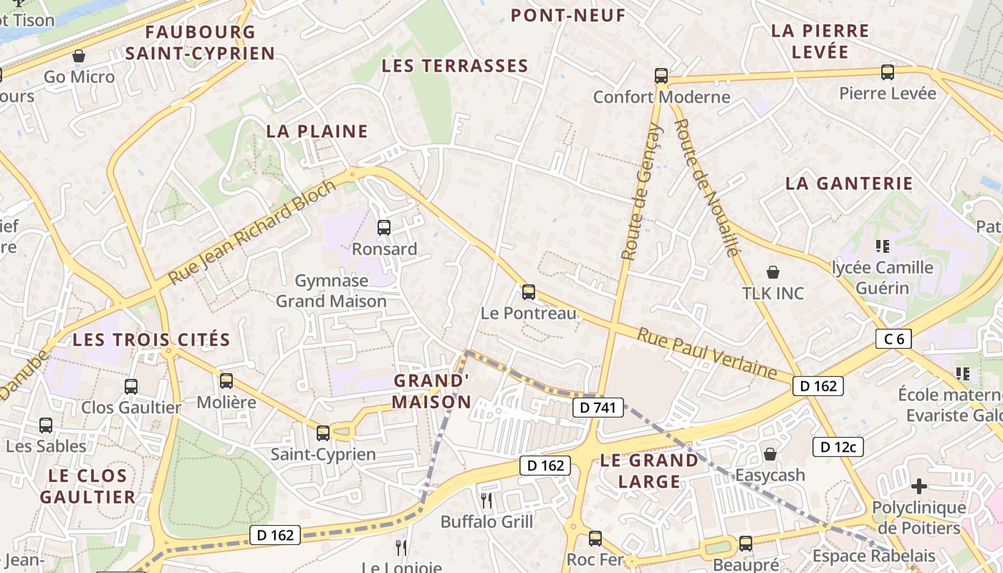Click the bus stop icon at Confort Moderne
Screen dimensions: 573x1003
(x=661, y=75)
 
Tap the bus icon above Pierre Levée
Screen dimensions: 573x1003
(x=888, y=72)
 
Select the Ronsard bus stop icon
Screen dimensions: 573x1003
(x=384, y=228)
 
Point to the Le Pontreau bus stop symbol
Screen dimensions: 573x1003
(x=529, y=292)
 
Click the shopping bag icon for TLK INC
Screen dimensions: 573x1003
(x=773, y=272)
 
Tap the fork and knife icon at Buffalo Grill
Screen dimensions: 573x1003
(x=486, y=499)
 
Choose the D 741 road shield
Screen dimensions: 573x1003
(x=598, y=408)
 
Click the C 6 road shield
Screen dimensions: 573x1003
(x=893, y=339)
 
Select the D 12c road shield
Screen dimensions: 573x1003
(x=838, y=447)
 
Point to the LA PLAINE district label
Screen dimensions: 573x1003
(x=317, y=131)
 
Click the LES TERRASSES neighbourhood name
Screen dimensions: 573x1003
(x=455, y=66)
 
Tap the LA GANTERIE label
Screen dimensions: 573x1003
(x=849, y=183)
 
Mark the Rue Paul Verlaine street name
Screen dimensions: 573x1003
(x=707, y=354)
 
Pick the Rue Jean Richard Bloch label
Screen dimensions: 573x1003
(x=251, y=231)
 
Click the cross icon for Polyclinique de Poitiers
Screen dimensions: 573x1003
(x=918, y=486)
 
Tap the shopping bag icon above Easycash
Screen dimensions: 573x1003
(x=770, y=454)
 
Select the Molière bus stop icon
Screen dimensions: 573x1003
(x=226, y=380)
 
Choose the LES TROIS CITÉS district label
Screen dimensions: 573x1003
(x=151, y=340)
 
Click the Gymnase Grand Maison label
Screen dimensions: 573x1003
(x=331, y=291)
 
